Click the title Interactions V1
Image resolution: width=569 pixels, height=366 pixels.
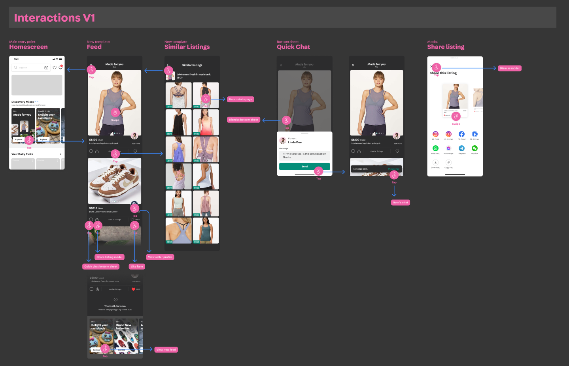[54, 18]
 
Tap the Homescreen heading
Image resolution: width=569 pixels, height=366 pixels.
[28, 47]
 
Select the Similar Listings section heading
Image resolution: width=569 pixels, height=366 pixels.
[187, 47]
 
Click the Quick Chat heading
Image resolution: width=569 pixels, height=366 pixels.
[293, 47]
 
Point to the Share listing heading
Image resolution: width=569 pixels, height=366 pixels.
[446, 47]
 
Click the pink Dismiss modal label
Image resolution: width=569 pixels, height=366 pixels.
[509, 68]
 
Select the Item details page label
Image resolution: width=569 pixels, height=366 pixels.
[240, 99]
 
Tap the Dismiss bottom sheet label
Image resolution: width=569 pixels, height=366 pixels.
[244, 120]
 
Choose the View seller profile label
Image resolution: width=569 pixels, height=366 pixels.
[160, 257]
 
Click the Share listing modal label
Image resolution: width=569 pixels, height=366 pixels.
[110, 257]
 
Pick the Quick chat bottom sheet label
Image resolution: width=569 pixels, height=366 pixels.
[101, 267]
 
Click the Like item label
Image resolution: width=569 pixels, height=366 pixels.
[137, 267]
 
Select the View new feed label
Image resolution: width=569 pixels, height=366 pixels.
[166, 349]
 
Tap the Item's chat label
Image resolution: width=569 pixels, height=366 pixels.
[401, 203]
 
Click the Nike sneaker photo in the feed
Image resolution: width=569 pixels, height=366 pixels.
[114, 181]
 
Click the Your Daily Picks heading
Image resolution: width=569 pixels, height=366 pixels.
[23, 154]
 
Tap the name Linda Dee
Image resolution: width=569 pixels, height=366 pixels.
[295, 143]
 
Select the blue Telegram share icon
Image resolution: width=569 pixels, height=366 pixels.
[461, 148]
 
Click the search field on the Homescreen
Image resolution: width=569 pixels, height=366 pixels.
[29, 68]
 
